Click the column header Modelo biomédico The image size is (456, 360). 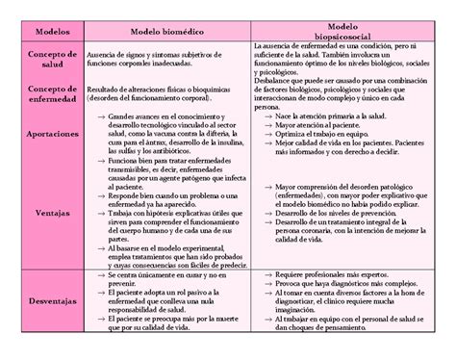click(x=165, y=33)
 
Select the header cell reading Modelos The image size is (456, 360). click(x=45, y=33)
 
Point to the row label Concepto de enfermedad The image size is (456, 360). click(x=45, y=94)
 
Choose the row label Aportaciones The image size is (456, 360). click(x=45, y=135)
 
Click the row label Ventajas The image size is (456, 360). click(x=45, y=212)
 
